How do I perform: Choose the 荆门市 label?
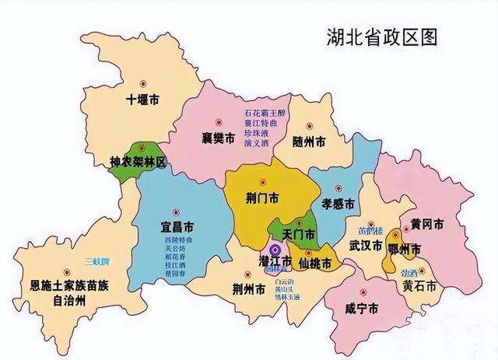pos(263,198)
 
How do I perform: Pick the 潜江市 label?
pos(275,260)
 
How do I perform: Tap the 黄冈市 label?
pos(427,224)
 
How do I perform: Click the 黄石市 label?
pos(419,286)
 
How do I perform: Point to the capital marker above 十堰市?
pos(142,83)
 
